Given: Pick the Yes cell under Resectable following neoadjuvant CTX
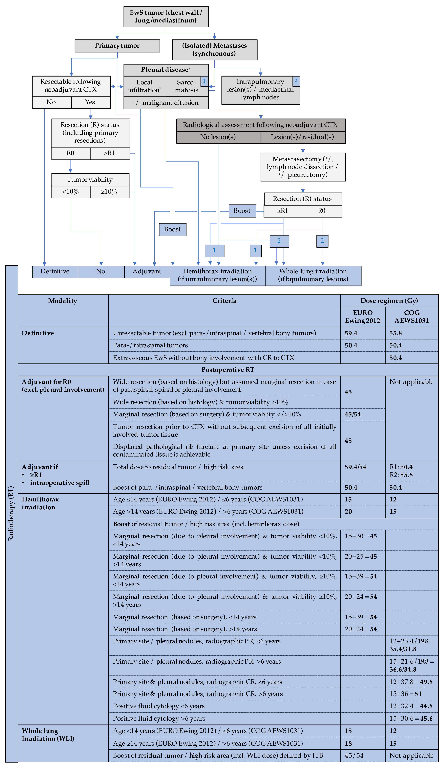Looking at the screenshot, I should pos(90,102).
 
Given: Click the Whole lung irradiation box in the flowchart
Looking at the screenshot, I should pos(313,275).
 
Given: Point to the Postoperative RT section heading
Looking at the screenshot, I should pos(228,370).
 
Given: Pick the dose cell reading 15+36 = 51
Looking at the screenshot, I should pos(405,694).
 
